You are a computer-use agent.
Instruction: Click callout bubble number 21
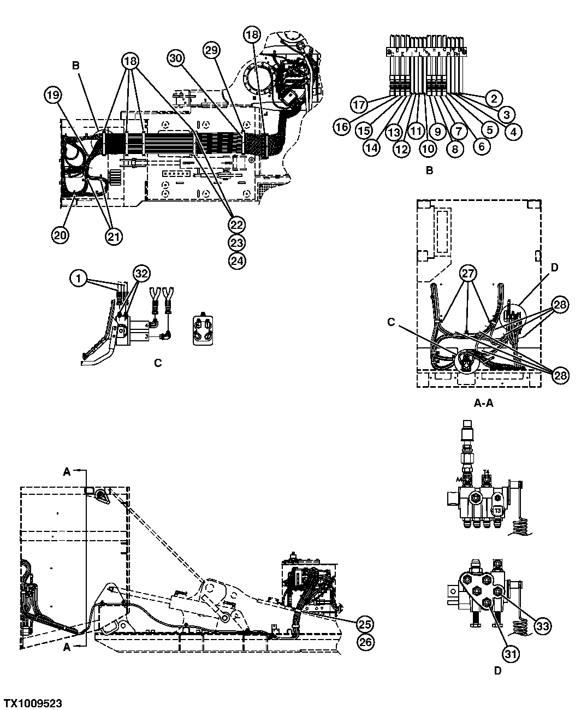114,235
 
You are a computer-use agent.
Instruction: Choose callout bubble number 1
78,279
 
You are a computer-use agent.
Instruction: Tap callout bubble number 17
359,104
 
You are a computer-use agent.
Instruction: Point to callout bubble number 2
493,99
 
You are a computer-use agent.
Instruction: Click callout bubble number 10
428,148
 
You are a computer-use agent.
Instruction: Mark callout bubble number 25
365,623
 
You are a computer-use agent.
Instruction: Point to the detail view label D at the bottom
497,671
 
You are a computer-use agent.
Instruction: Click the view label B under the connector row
429,170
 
